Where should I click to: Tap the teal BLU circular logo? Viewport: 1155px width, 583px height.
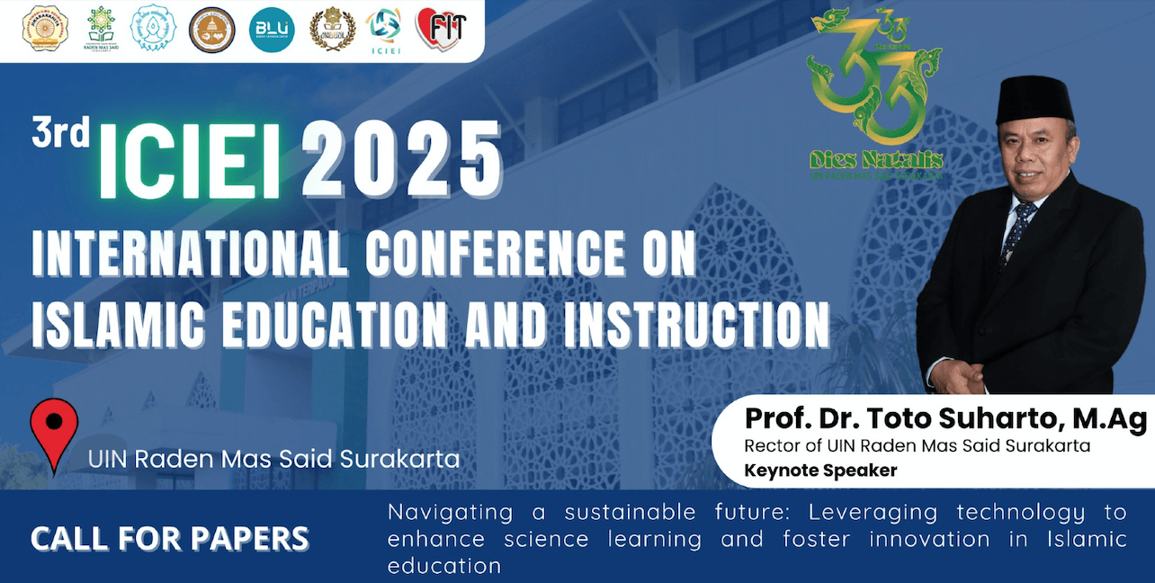[271, 30]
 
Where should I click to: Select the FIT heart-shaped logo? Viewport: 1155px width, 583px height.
[441, 29]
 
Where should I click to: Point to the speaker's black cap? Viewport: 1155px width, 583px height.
[1035, 99]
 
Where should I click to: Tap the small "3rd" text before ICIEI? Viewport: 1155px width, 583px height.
[60, 134]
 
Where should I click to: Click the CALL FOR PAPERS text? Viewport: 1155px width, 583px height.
[170, 539]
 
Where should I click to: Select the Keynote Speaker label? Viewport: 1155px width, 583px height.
[820, 470]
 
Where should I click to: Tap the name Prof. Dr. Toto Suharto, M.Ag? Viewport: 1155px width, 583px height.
[945, 419]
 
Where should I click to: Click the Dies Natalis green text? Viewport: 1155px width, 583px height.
[875, 160]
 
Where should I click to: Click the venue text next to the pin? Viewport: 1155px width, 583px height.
[273, 459]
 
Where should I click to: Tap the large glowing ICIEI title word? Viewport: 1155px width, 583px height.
[189, 163]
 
